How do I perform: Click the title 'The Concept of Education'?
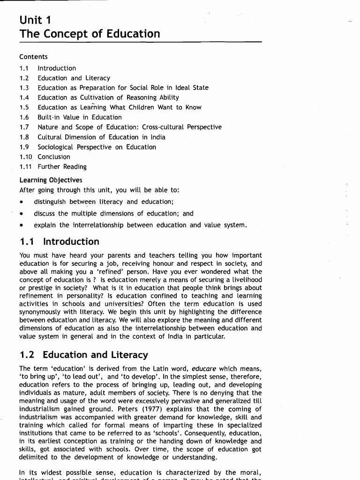coord(90,34)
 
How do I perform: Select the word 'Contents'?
coord(33,57)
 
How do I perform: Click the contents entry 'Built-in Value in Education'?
coord(79,117)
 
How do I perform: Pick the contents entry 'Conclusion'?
coord(54,157)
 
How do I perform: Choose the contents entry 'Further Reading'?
coord(62,166)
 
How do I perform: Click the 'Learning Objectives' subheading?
coord(51,180)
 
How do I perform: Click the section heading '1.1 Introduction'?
coord(60,242)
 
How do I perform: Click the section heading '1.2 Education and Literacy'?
coord(84,355)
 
